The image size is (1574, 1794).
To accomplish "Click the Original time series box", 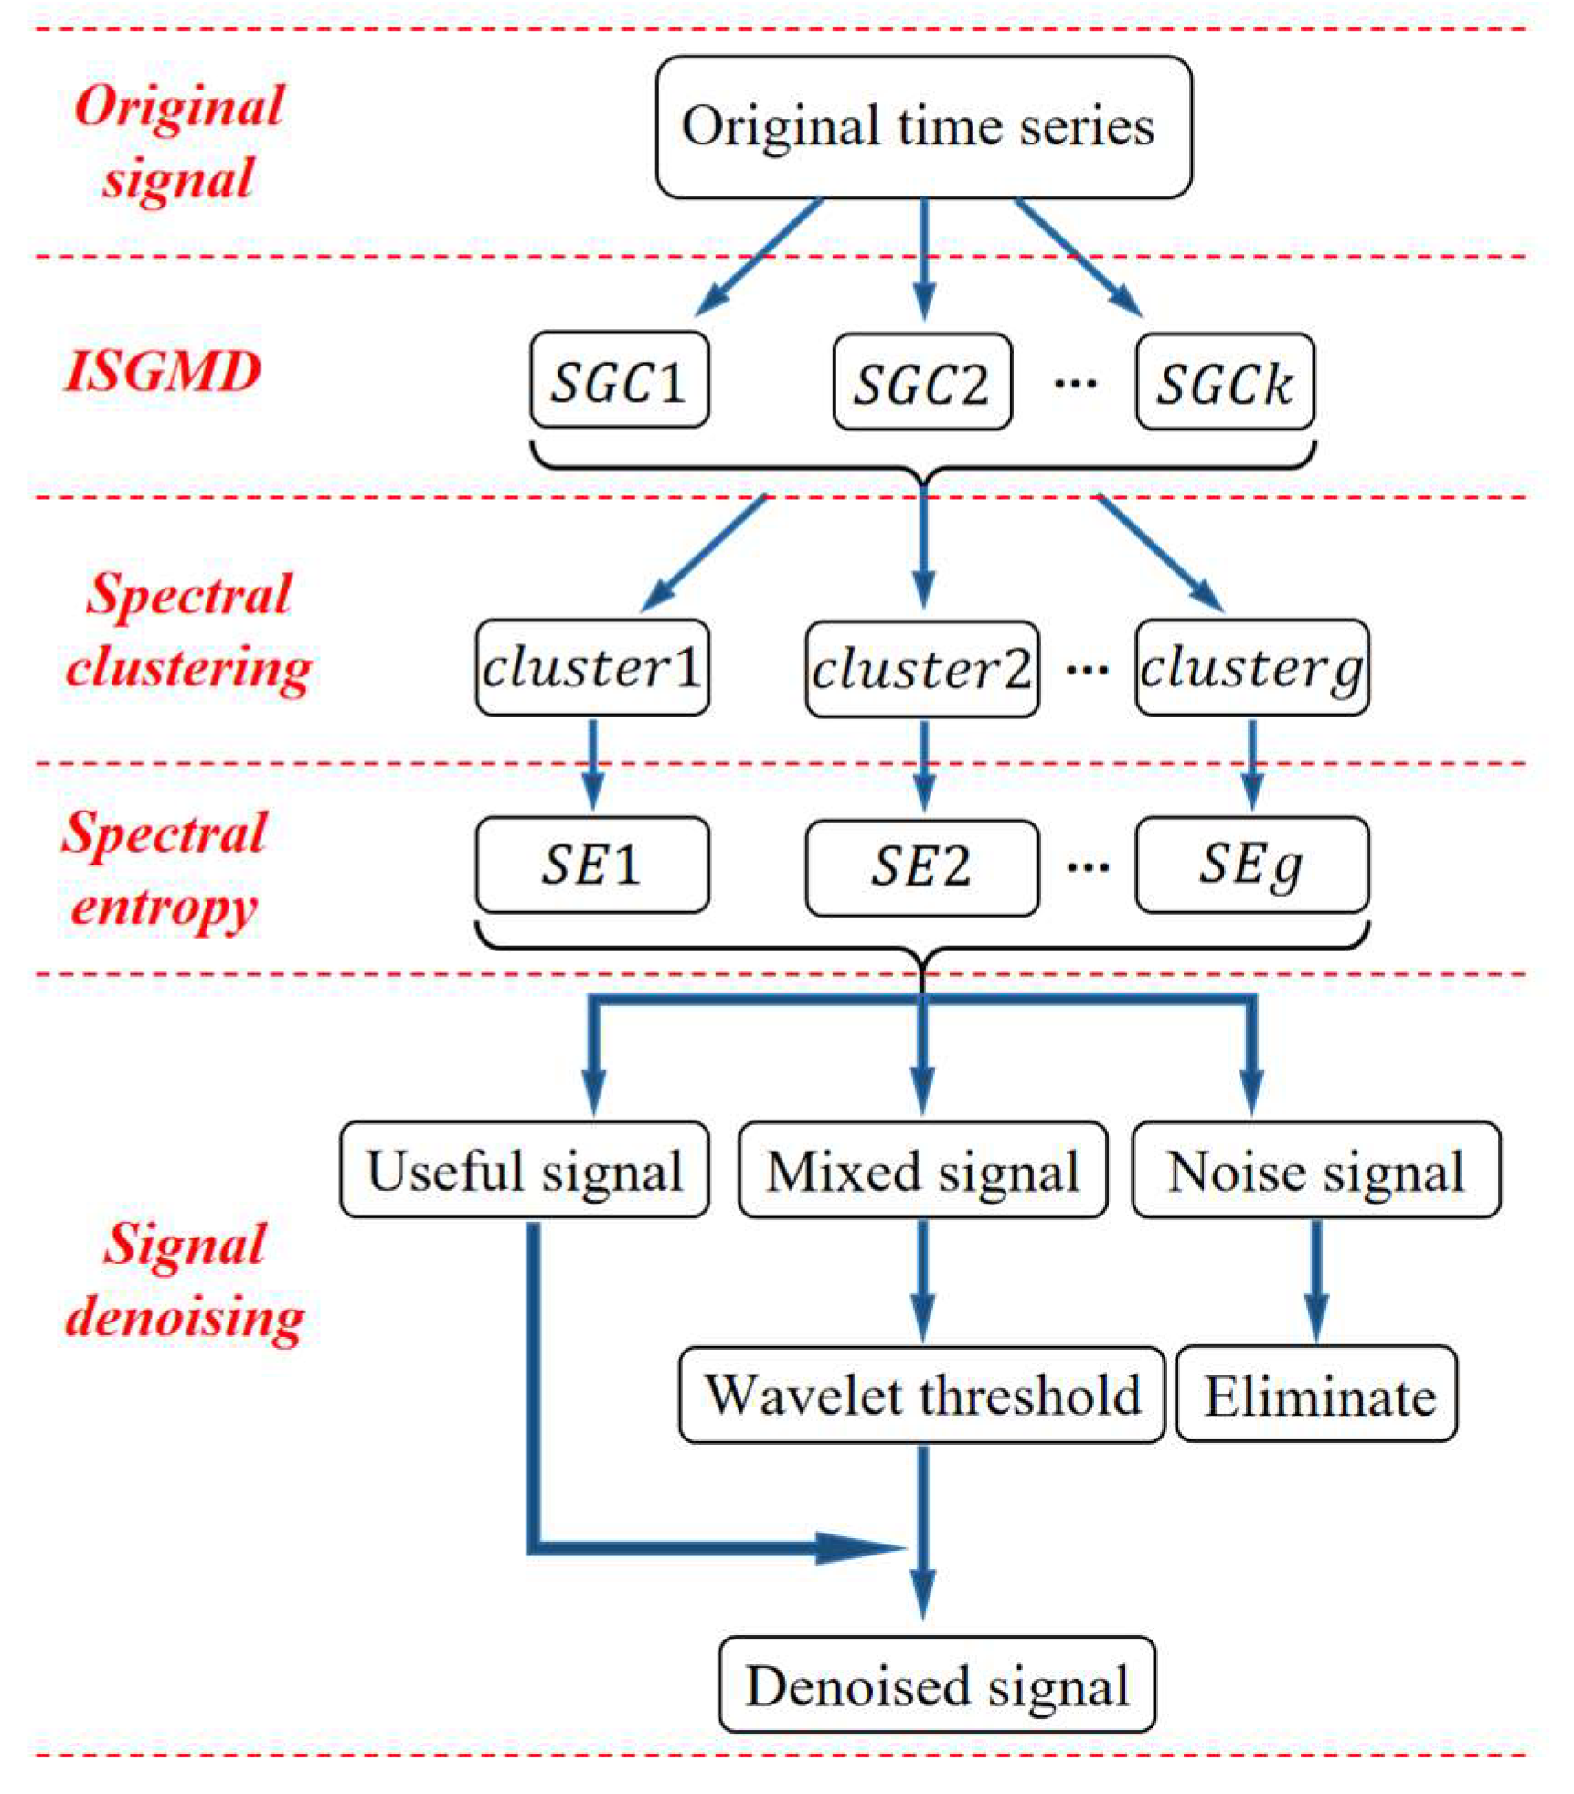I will tap(923, 126).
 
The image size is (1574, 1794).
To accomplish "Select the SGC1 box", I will tap(619, 380).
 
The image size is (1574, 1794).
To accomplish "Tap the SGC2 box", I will tap(921, 382).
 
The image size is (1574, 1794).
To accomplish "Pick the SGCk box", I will tap(1225, 382).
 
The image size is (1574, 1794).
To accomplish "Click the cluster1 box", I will tap(592, 667).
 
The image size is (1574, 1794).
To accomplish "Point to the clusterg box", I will tap(1251, 667).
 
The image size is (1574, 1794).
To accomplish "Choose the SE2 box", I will tap(921, 865).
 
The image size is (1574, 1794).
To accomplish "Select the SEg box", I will tap(1251, 864).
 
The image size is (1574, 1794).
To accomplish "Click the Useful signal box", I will tap(524, 1169).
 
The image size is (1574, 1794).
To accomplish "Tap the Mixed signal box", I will tap(922, 1170).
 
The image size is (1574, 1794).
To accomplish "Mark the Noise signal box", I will tap(1315, 1170).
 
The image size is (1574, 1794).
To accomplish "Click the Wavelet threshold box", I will tap(921, 1394).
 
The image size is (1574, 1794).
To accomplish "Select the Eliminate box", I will tap(1316, 1394).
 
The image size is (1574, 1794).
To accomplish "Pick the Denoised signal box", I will tap(936, 1683).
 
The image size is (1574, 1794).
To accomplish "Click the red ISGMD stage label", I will tap(163, 372).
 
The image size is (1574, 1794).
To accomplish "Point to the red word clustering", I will tap(189, 668).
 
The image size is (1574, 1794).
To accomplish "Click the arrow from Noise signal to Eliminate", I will tap(1316, 1279).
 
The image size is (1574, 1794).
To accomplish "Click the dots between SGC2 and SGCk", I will tap(1075, 383).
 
